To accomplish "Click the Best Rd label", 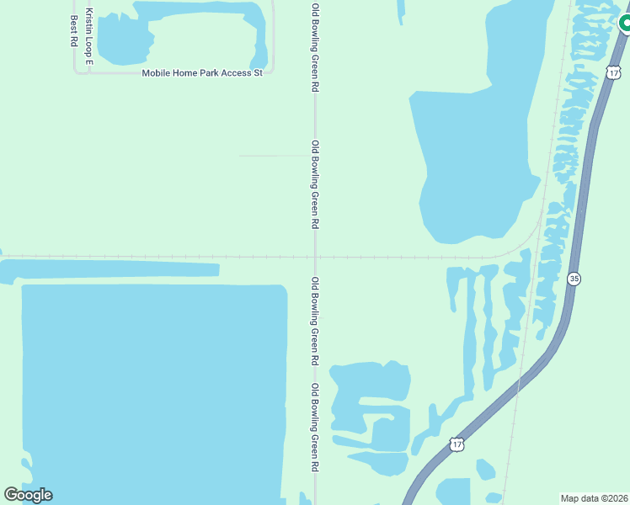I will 74,29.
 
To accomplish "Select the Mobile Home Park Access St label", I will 202,73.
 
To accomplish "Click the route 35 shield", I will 574,279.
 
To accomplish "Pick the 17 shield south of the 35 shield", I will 456,444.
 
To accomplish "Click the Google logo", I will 28,495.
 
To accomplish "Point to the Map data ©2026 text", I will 595,497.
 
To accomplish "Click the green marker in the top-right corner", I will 625,23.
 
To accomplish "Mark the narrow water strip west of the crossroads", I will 109,269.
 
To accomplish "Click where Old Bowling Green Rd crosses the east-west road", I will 315,257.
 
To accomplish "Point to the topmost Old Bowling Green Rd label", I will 315,49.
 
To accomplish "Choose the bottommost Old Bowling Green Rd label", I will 315,427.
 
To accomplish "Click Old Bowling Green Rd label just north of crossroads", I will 315,184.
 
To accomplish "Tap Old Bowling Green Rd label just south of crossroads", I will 315,321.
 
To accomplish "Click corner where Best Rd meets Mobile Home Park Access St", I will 76,73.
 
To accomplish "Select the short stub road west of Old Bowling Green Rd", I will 274,156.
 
